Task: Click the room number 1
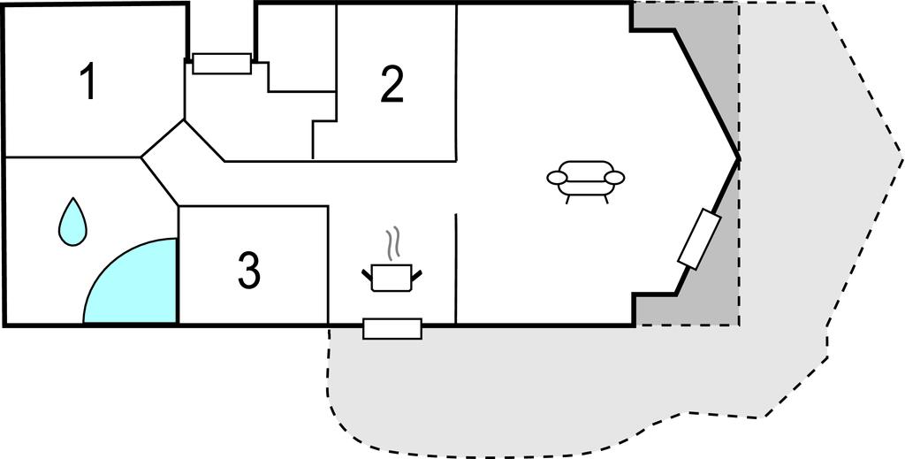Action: [87, 82]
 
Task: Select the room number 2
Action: [392, 85]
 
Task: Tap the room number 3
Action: [249, 270]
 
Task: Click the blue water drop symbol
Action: [72, 222]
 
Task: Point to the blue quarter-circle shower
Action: [131, 280]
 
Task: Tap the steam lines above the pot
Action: [392, 243]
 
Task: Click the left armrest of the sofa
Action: [558, 178]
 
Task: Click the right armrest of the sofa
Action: [614, 177]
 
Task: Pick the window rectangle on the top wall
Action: [222, 64]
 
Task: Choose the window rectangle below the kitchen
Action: [392, 328]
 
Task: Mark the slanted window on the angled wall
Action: [700, 239]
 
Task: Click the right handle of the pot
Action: [416, 274]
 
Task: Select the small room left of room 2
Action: [295, 48]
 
